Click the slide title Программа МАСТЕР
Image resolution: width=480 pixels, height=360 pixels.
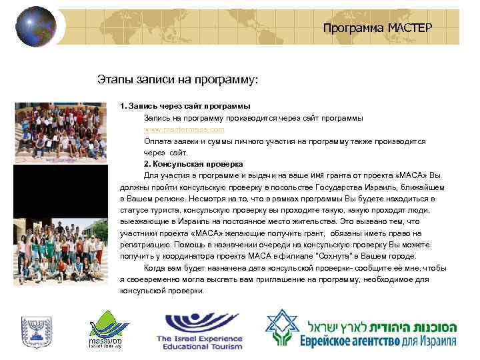(x=377, y=28)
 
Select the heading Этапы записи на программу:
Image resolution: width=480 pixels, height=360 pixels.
(x=177, y=80)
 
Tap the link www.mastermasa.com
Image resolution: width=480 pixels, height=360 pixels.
(x=184, y=129)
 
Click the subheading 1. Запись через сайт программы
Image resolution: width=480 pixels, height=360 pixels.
(x=185, y=105)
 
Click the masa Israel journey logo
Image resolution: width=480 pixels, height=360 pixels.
(x=105, y=329)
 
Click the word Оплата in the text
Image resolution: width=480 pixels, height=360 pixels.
(x=157, y=141)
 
